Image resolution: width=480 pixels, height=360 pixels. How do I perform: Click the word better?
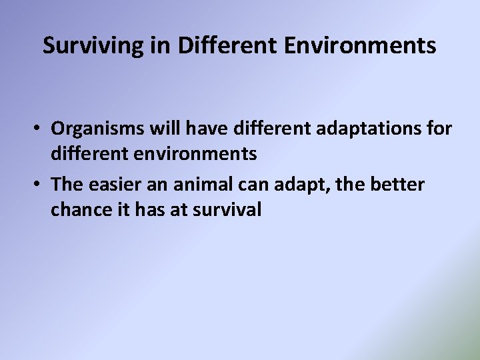coord(394,183)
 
